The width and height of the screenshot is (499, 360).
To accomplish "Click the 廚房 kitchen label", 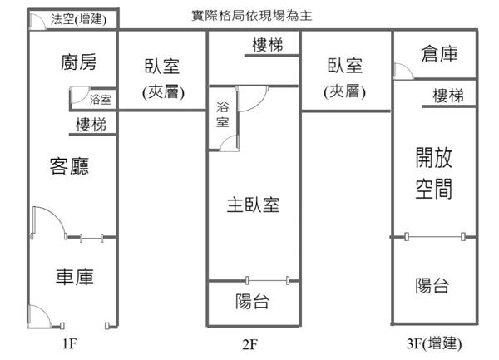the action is coord(78,62).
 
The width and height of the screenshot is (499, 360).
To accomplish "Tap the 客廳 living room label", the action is coord(69,165).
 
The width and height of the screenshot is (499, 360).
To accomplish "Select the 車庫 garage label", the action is coord(75,276).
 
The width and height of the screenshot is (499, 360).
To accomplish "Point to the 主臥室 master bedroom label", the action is coord(253,205).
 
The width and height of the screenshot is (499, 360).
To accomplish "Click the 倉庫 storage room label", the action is coord(439,53).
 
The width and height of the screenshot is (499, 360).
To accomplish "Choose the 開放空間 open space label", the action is coord(434,173).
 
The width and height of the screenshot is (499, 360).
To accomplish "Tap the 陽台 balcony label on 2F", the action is coord(252,301).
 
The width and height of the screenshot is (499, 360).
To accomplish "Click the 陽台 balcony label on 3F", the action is coord(432,285).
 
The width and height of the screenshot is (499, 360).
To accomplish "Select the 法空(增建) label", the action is coord(78,19).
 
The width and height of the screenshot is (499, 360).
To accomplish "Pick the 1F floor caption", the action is coord(69,343).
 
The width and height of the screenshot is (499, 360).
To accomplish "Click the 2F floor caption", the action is coord(250,344).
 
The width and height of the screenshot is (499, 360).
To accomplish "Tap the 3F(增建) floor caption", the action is coord(434,343).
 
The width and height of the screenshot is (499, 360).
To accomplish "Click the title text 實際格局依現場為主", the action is coord(252,15).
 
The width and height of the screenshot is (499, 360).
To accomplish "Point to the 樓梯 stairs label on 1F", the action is coord(91,125).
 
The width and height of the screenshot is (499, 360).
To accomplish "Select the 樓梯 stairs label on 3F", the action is coord(448,96).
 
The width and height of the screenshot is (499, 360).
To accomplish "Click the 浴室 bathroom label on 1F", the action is coord(101,100).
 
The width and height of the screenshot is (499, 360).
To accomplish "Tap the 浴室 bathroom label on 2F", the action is coord(222,115).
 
